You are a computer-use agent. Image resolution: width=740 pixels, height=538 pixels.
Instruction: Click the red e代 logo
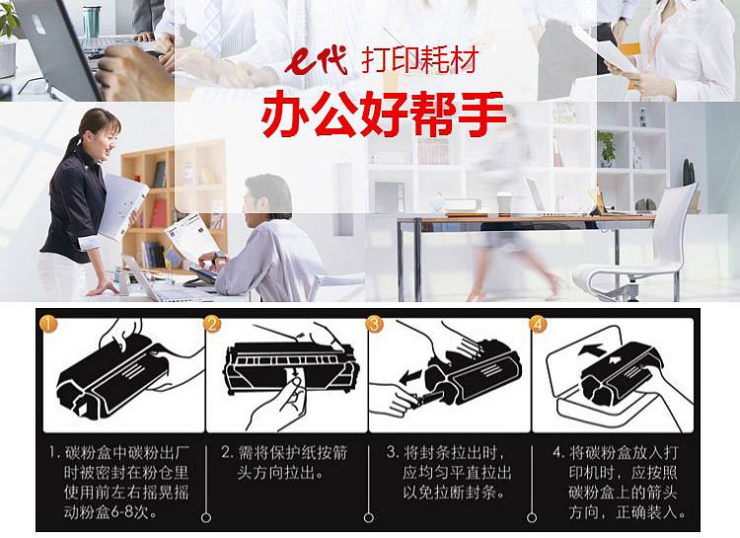coord(316,61)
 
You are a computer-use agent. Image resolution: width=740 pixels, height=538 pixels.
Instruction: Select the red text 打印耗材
coord(420,59)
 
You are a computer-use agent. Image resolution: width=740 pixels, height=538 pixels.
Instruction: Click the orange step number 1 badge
coord(48,324)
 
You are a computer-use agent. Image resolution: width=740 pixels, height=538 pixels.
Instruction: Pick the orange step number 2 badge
coord(212,324)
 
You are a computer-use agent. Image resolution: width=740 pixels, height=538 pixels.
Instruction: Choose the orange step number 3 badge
coord(375,324)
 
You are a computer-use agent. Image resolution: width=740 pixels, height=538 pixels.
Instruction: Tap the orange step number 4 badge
coord(538,324)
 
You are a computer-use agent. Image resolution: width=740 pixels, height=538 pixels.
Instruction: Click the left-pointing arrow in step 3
coord(411,376)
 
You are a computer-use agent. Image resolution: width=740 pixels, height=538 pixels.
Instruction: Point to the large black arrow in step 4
coord(591,350)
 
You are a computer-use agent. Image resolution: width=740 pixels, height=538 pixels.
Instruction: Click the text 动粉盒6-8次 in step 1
coord(111,512)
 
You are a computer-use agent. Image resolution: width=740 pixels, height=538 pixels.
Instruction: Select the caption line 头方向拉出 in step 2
coord(280,473)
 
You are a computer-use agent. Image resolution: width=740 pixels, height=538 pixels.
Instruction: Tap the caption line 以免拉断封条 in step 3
coord(454,493)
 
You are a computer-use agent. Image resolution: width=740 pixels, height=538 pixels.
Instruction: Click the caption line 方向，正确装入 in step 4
coord(628,512)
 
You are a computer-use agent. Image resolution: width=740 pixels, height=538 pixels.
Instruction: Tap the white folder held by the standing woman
coord(121,205)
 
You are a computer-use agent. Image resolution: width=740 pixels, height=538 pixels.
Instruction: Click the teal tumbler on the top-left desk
coord(91,22)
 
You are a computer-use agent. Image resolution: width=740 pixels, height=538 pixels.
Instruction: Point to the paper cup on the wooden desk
coord(504,204)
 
